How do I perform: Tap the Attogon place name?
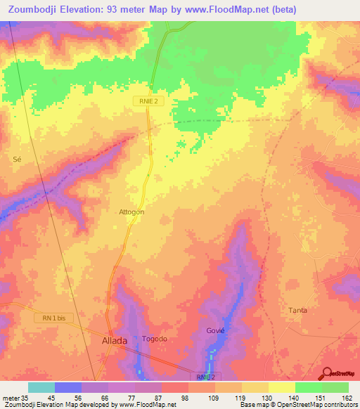point(131,212)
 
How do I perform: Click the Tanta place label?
point(298,310)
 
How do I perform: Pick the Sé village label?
point(18,160)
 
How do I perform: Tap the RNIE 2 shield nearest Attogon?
point(148,101)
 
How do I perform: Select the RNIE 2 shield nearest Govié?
point(205,377)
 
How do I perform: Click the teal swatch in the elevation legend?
point(41,387)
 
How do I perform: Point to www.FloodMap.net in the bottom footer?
point(143,405)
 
